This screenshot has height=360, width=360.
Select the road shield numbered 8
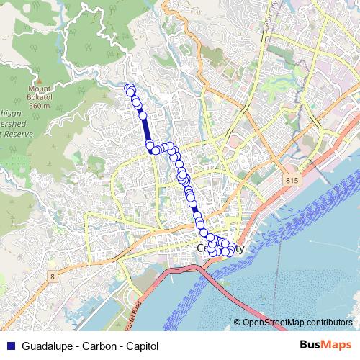pyautogui.click(x=53, y=276)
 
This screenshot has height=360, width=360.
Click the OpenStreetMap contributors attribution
pyautogui.click(x=297, y=323)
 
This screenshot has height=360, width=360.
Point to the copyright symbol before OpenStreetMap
pyautogui.click(x=238, y=323)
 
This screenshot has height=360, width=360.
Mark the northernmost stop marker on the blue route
pyautogui.click(x=130, y=89)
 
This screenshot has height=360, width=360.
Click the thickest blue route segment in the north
pyautogui.click(x=146, y=130)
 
